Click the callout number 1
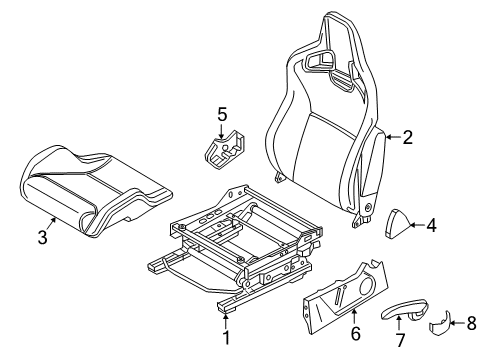pos(226,337)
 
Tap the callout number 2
pos(407,139)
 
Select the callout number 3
pos(41,236)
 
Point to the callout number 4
pos(431,226)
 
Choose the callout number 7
pos(400,341)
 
